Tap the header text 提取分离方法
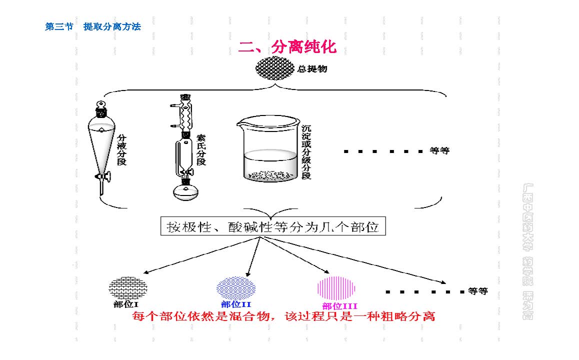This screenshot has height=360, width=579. [x=112, y=27]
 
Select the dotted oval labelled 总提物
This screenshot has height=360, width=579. [x=275, y=68]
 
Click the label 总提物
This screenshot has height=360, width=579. [x=312, y=69]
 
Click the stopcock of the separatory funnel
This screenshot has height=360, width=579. [x=103, y=176]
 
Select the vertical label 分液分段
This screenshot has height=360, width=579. [x=121, y=148]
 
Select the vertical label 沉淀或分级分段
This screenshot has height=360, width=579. [x=306, y=152]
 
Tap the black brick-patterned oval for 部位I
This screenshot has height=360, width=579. [x=128, y=287]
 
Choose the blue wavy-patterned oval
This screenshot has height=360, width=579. [x=235, y=288]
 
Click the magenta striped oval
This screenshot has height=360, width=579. [x=336, y=287]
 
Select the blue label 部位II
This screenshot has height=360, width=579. [x=235, y=304]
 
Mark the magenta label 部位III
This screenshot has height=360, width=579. [x=339, y=306]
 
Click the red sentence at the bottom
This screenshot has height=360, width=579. [x=283, y=316]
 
